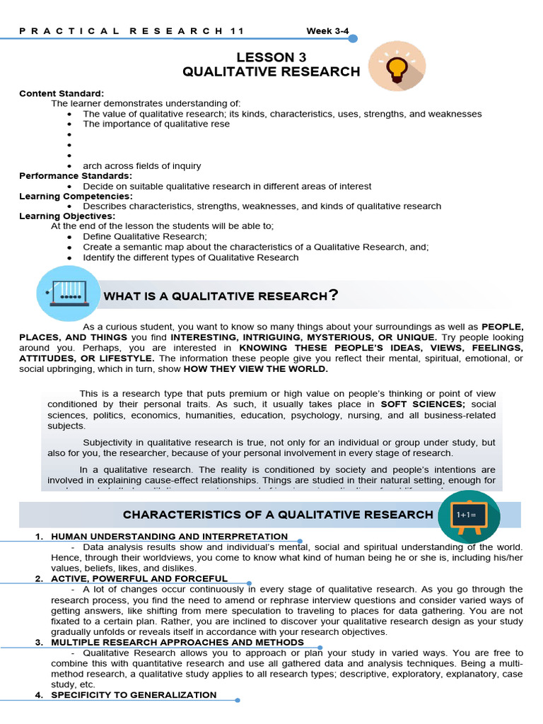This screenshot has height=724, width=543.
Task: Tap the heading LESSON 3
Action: (271, 57)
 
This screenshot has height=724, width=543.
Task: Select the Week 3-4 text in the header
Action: (327, 31)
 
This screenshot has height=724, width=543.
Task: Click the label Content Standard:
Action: (62, 93)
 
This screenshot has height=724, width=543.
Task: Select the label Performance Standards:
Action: (76, 175)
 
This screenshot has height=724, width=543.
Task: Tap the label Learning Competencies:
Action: (76, 196)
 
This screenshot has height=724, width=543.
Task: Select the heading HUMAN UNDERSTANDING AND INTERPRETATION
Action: (169, 537)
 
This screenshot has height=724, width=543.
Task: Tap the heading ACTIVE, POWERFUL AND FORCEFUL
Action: (139, 578)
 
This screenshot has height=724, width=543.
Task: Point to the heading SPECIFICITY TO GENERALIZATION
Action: (134, 695)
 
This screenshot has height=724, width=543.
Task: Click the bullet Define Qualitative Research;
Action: (145, 236)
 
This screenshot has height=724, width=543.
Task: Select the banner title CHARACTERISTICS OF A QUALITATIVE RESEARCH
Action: (277, 514)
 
